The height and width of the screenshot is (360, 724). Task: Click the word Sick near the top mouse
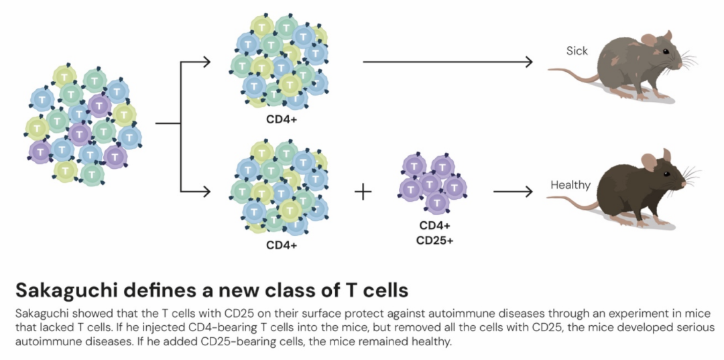[577, 51]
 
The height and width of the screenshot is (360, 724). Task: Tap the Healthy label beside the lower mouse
[570, 185]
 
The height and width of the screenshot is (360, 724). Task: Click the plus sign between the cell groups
[363, 192]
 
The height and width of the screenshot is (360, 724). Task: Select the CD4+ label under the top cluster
[282, 121]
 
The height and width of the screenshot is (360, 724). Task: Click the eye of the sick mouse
[665, 52]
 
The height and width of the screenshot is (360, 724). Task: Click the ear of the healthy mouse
[649, 162]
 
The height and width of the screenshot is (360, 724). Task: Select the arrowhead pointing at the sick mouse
[528, 62]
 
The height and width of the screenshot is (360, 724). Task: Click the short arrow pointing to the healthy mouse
[513, 192]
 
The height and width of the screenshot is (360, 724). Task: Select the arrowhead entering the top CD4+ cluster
[206, 62]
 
